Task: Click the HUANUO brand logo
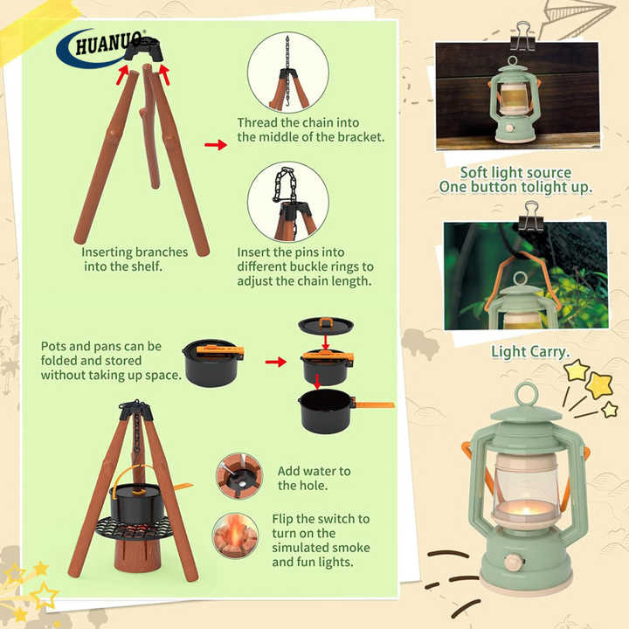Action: (x=100, y=48)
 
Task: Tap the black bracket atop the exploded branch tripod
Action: (x=143, y=49)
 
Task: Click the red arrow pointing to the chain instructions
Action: (x=216, y=144)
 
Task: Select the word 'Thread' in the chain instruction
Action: (x=258, y=122)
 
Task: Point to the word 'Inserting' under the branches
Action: (x=107, y=252)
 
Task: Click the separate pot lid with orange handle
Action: (x=326, y=325)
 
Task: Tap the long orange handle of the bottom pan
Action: (x=374, y=404)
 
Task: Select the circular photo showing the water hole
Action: (x=239, y=476)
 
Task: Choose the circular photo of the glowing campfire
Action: (x=236, y=536)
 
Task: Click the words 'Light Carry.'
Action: (x=530, y=352)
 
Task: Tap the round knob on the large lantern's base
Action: (x=514, y=562)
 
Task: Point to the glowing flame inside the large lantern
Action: (x=524, y=511)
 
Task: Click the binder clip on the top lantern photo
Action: (x=522, y=37)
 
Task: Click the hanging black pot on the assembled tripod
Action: (x=135, y=501)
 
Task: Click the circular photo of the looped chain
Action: (x=288, y=202)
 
